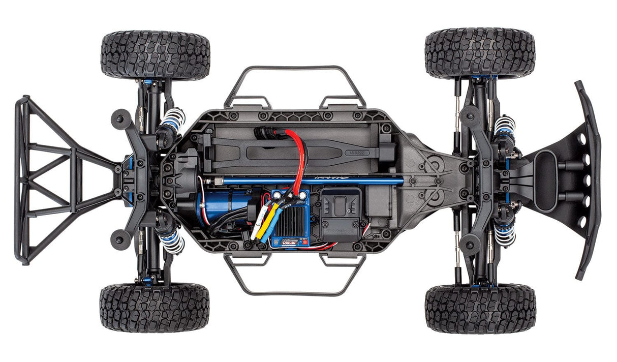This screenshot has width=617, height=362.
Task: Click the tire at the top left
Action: (x=156, y=54)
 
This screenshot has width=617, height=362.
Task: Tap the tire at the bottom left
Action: (x=155, y=308)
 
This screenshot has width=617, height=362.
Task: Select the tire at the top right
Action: (x=480, y=53)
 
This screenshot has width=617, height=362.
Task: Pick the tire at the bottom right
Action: (x=480, y=309)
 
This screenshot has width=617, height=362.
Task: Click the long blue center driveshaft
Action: (x=305, y=180)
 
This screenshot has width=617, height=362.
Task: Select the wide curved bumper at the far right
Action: (x=590, y=178)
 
